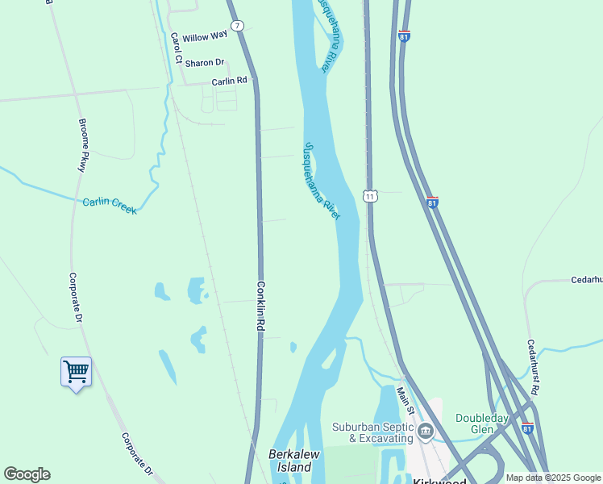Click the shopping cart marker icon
click(76, 372)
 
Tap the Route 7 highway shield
click(236, 26)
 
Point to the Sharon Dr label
click(204, 63)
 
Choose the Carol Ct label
click(176, 48)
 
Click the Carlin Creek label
click(110, 206)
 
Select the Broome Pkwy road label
click(82, 145)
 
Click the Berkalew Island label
click(290, 461)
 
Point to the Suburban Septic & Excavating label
click(375, 432)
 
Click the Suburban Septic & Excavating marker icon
click(425, 433)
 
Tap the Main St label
click(404, 401)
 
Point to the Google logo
click(27, 474)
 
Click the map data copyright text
click(554, 478)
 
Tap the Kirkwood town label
click(440, 481)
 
